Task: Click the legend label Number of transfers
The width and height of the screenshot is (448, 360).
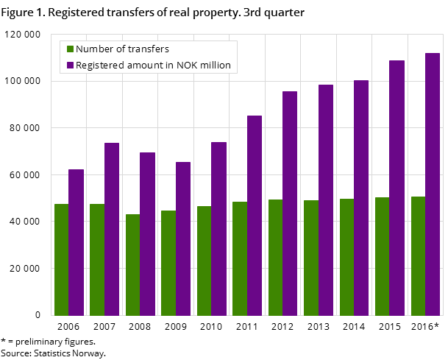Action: [x=122, y=49]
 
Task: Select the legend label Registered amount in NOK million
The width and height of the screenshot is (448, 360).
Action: [x=153, y=66]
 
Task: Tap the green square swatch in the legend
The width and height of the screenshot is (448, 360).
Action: [x=70, y=49]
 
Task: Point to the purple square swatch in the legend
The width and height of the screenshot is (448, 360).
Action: [x=70, y=66]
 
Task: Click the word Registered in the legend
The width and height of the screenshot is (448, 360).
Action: [x=100, y=66]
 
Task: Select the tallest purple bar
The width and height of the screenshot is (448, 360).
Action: [x=433, y=184]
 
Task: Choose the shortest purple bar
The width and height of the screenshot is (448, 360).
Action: [x=76, y=242]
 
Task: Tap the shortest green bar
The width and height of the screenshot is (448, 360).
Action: [x=132, y=265]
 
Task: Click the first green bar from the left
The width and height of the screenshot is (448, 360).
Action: [x=61, y=260]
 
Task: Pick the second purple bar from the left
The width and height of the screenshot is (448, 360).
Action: [x=112, y=229]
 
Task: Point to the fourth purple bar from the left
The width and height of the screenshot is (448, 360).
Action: [x=183, y=239]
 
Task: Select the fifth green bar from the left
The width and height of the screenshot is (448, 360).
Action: [x=204, y=261]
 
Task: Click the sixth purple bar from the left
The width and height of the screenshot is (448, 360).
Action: [x=255, y=216]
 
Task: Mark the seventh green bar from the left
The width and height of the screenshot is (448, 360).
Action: [x=275, y=258]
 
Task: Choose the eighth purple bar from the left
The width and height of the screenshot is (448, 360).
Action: [x=326, y=200]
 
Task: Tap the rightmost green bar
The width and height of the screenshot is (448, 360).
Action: [x=418, y=256]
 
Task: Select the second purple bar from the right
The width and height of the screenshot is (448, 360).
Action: [x=397, y=188]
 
